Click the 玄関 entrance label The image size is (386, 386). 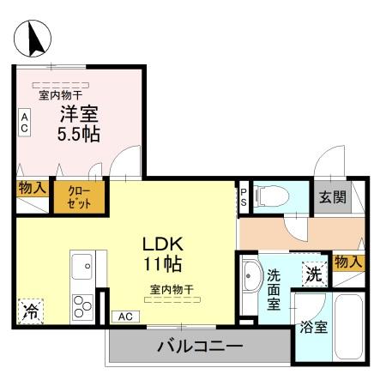pos(333,197)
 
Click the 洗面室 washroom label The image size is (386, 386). pos(274,290)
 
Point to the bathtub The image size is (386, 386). pos(350,328)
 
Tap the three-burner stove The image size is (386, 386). pos(82,306)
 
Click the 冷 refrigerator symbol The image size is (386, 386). pos(30,310)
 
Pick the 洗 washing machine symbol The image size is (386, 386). pos(313,274)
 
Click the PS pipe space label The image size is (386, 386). pos(244,197)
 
